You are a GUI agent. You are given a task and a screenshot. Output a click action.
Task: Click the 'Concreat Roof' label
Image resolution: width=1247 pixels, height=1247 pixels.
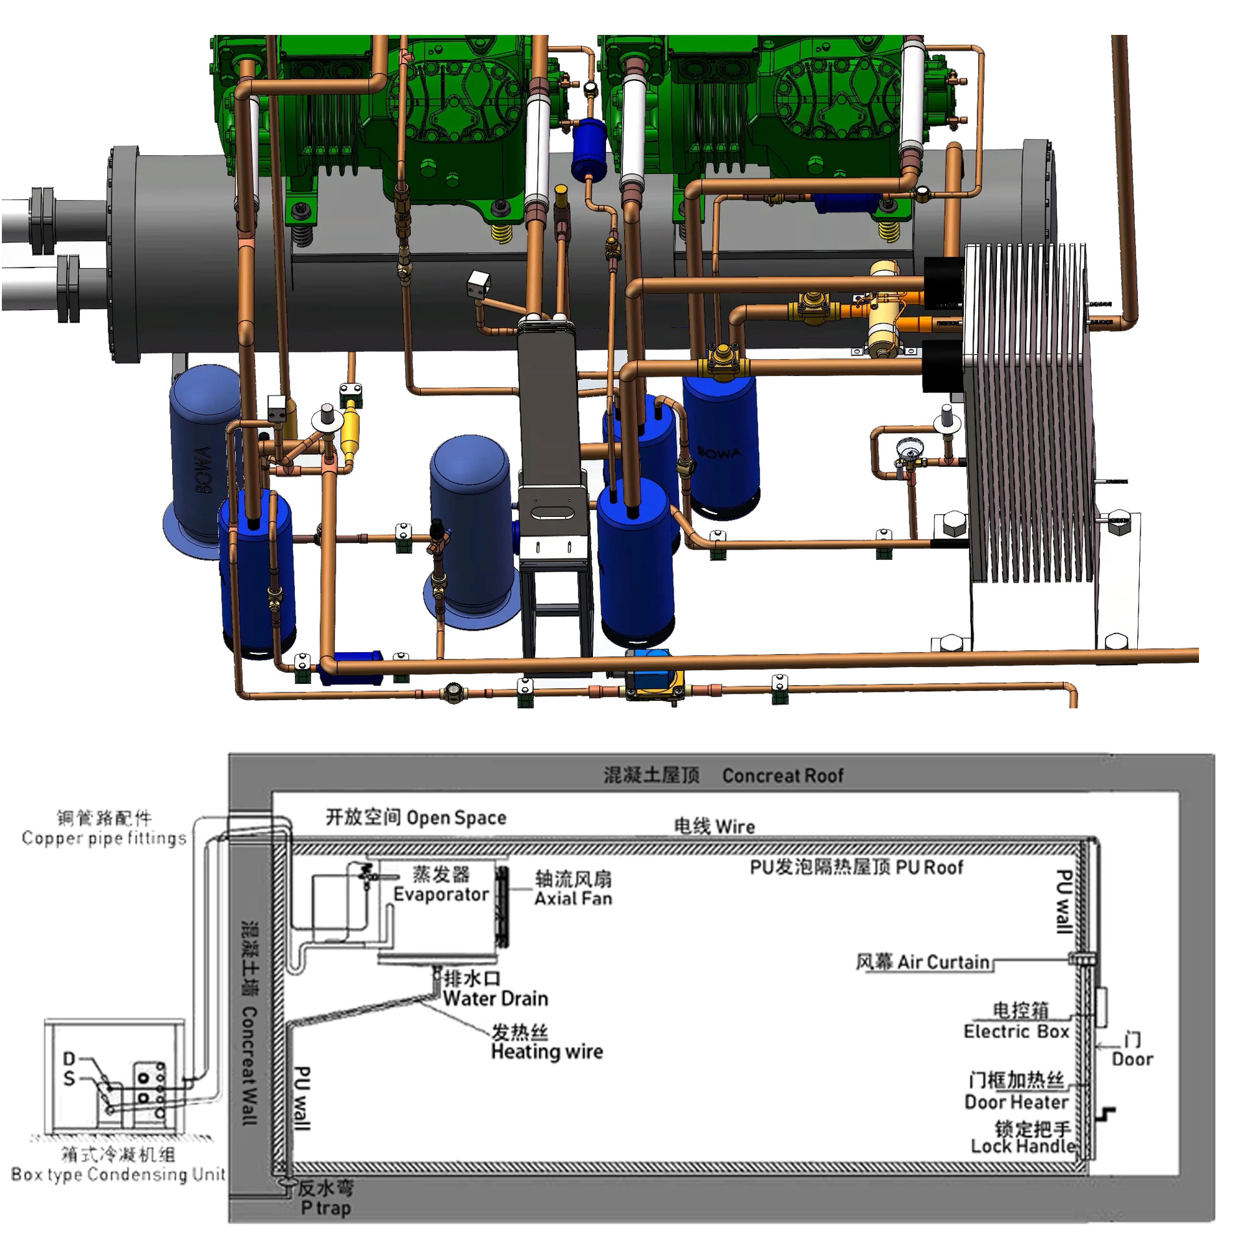[x=782, y=775]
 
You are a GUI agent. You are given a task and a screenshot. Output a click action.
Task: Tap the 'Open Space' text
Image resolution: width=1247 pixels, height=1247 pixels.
[x=456, y=818]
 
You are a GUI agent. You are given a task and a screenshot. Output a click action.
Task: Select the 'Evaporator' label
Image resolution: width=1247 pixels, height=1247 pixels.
[x=440, y=894]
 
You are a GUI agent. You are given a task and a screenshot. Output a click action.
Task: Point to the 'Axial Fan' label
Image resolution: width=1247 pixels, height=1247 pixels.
[x=573, y=899]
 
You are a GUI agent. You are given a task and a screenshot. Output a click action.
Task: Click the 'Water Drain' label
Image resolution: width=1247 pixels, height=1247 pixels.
[x=495, y=998]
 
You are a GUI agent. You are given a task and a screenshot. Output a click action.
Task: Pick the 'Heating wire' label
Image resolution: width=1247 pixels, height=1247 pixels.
[x=546, y=1051]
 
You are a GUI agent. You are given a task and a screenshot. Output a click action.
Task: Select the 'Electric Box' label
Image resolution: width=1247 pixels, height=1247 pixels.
[x=1016, y=1031]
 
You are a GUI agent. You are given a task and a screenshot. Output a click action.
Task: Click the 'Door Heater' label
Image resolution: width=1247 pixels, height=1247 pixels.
[x=1016, y=1102]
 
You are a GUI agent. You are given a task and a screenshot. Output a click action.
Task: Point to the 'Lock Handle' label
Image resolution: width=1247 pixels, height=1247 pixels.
[x=1022, y=1146]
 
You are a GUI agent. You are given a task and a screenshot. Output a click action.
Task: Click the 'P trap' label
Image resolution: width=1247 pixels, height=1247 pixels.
[x=325, y=1208]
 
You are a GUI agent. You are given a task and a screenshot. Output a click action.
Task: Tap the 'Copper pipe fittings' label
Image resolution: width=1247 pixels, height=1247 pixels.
[x=104, y=838]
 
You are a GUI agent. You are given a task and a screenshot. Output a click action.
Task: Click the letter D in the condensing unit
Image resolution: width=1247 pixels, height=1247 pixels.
[x=69, y=1059]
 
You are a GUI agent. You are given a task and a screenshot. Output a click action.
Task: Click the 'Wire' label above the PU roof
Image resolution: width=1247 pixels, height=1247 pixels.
[x=734, y=827]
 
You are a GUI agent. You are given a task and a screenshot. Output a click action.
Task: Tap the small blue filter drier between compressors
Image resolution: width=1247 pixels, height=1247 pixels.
[x=588, y=148]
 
